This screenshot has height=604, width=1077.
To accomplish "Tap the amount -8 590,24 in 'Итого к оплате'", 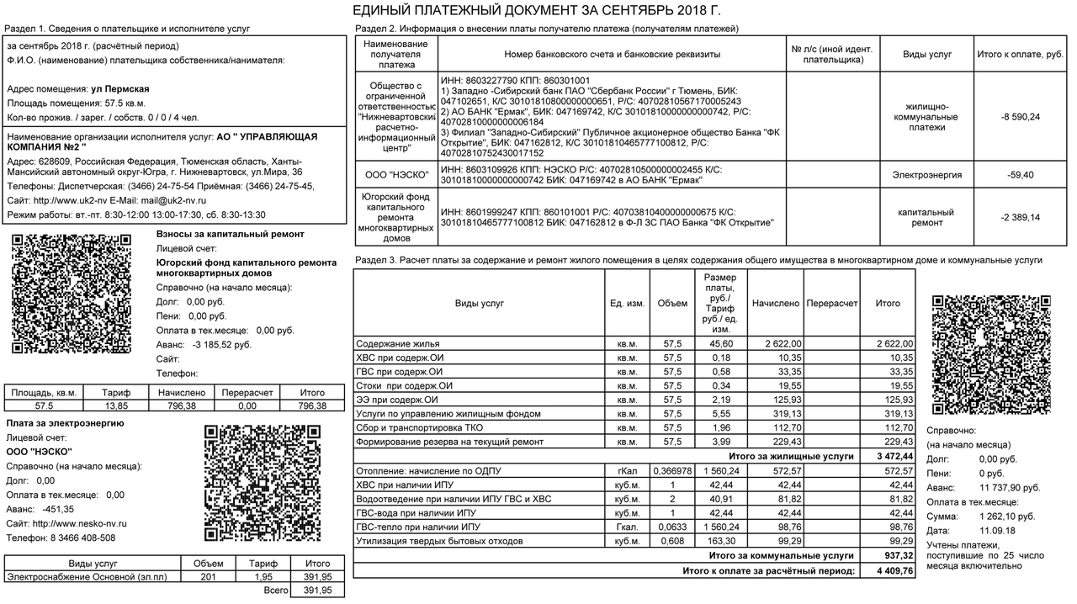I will click(x=1020, y=117).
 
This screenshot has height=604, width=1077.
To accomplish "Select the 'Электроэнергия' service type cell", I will click(x=927, y=175).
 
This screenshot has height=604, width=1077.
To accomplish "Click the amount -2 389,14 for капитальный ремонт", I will click(x=1020, y=217).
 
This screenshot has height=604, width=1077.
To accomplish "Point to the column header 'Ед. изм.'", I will click(x=627, y=303).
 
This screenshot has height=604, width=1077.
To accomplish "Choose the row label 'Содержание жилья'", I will click(x=398, y=344).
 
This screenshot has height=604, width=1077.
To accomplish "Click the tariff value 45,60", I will click(x=719, y=344).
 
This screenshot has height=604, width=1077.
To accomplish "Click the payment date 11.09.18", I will click(x=997, y=530).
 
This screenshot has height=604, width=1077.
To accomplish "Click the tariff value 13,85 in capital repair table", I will click(x=115, y=405).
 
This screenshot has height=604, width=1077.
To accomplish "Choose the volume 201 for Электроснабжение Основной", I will click(x=208, y=576).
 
